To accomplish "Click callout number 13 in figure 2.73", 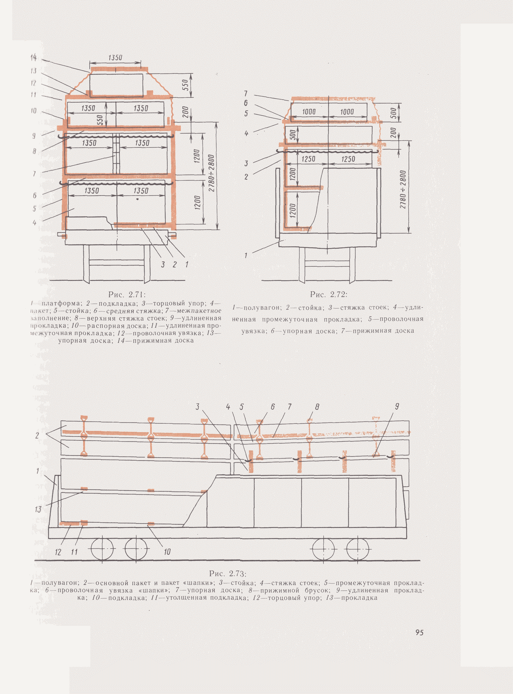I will click(x=38, y=510).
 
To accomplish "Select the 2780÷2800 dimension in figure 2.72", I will click(x=403, y=190).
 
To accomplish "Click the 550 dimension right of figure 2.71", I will click(x=185, y=85).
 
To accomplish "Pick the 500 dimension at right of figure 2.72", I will click(x=393, y=113).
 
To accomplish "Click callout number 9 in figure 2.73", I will click(x=397, y=406).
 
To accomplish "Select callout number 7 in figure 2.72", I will click(x=246, y=93).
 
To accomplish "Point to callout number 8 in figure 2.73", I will click(x=317, y=407).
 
